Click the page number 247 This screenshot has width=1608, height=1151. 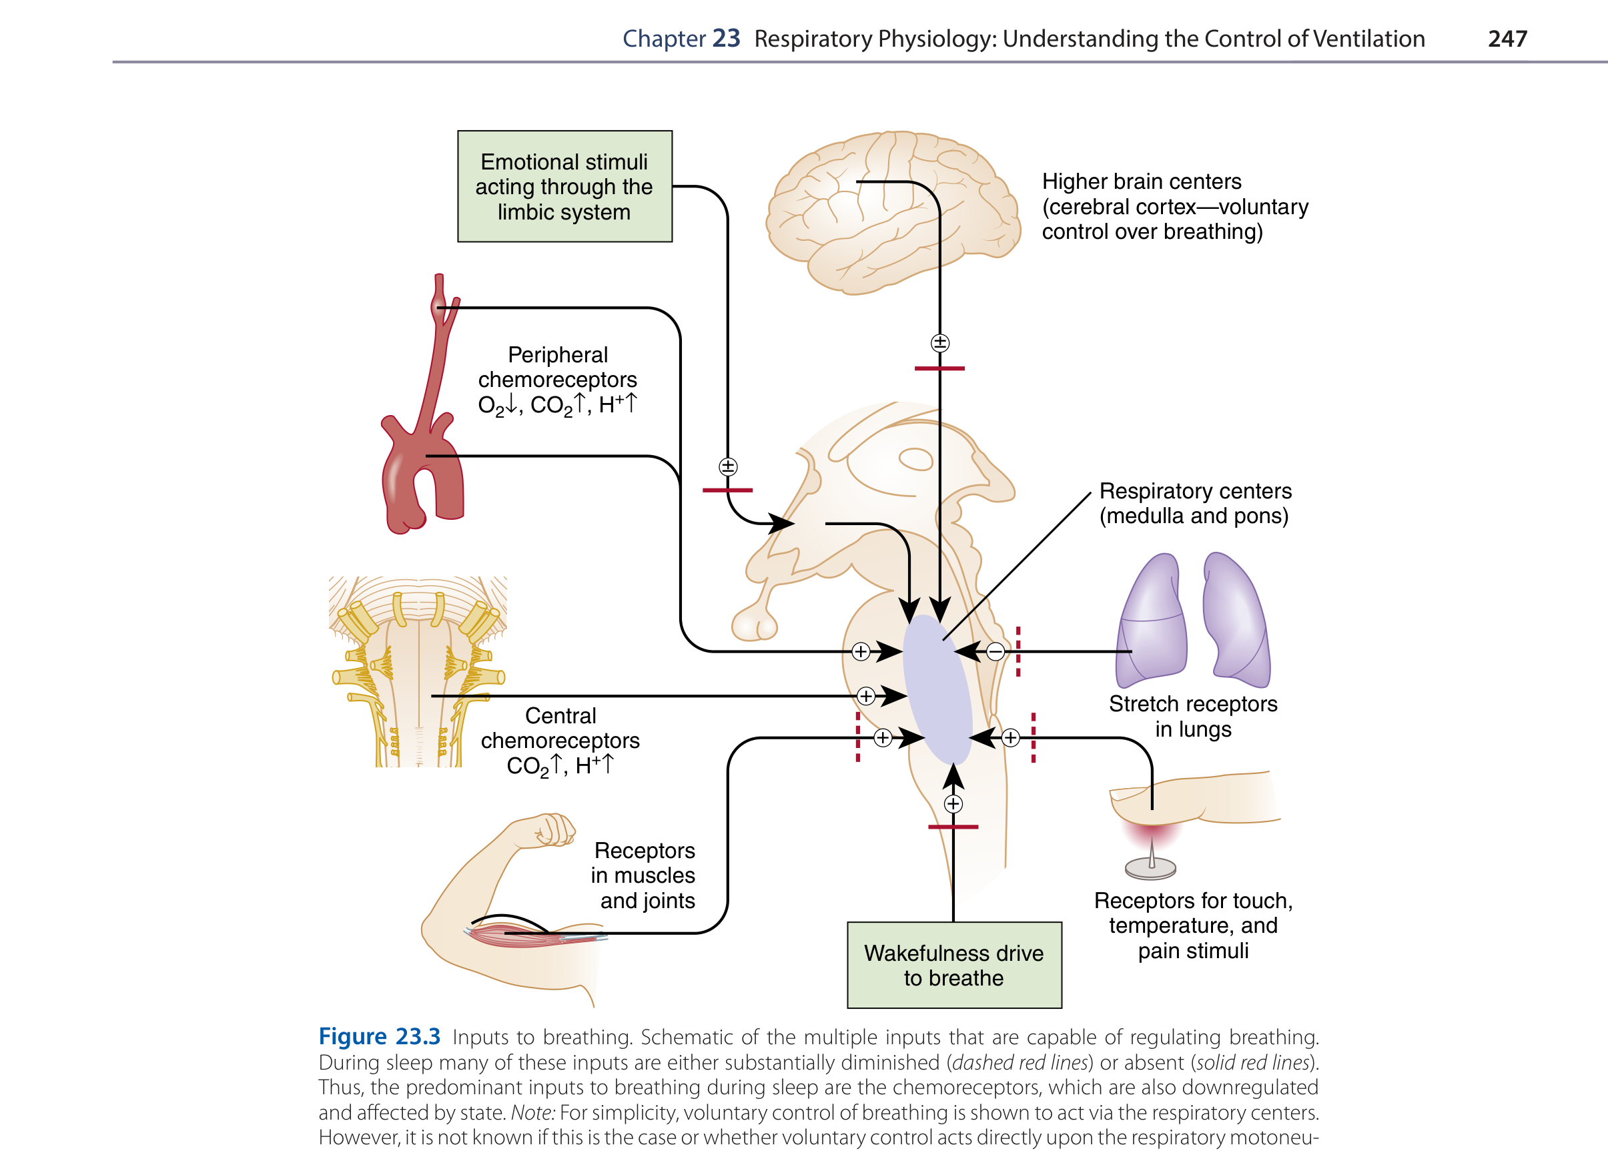tap(1507, 38)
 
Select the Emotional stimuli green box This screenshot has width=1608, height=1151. tap(564, 186)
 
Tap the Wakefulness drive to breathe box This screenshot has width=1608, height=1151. tap(953, 965)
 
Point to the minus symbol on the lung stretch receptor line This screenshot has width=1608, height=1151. tap(995, 651)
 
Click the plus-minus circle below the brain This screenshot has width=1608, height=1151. tap(939, 343)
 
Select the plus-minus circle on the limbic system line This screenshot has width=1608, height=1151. tap(728, 466)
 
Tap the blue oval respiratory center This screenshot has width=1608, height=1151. tap(937, 689)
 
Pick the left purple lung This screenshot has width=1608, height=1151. tap(1152, 624)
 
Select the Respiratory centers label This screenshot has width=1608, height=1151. tap(1195, 503)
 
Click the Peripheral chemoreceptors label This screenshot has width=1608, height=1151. tap(558, 380)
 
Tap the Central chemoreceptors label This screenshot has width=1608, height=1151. tap(560, 741)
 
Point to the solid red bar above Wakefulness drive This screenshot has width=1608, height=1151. tap(953, 827)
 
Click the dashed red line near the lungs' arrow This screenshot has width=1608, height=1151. tap(1018, 651)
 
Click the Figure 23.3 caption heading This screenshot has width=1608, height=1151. tap(379, 1036)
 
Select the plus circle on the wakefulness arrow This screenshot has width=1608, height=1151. tap(953, 804)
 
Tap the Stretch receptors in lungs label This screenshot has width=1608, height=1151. tap(1193, 717)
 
